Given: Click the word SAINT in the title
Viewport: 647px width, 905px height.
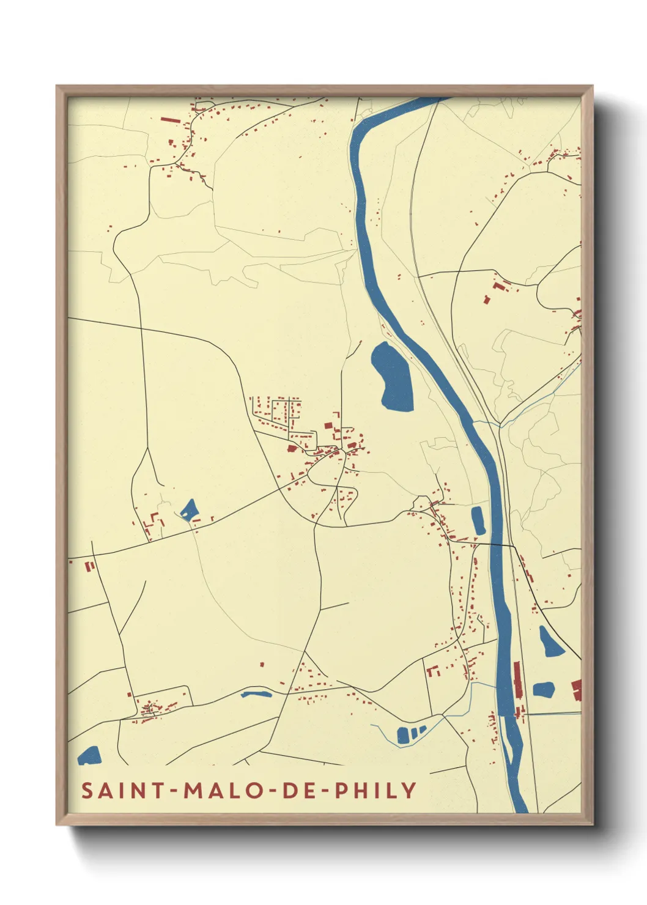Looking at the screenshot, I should click(x=123, y=791).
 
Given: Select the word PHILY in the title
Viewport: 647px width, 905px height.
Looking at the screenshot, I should click(x=376, y=791).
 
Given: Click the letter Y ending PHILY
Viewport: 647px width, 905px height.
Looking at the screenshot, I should click(x=410, y=791).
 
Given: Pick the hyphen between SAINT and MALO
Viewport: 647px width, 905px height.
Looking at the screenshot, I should click(x=175, y=791).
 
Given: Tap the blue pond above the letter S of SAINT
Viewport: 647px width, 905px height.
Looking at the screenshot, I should click(x=89, y=756).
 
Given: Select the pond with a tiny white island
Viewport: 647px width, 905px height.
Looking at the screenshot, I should click(x=188, y=509).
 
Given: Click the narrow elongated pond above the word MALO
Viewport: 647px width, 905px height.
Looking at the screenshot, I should click(x=256, y=694).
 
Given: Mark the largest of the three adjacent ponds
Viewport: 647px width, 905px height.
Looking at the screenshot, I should click(x=403, y=734).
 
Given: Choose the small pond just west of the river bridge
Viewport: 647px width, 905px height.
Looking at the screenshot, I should click(x=478, y=520).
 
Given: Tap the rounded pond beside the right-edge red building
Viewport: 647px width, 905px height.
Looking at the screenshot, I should click(x=544, y=689).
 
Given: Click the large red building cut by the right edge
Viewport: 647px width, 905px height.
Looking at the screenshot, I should click(x=577, y=690).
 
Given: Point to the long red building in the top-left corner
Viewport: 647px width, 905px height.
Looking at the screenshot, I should click(x=171, y=120).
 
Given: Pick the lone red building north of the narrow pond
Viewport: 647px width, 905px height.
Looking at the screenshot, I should click(x=262, y=664).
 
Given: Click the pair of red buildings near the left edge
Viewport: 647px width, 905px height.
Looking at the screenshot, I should click(x=89, y=566).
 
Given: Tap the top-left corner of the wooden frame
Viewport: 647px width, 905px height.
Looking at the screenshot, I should click(x=57, y=87).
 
